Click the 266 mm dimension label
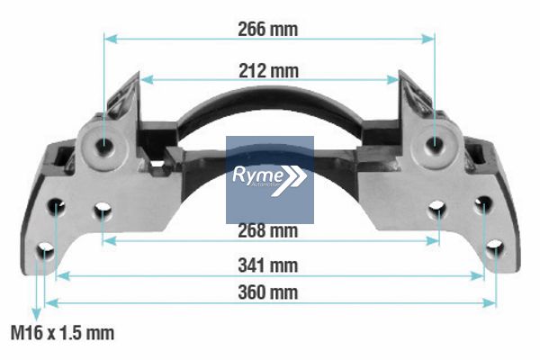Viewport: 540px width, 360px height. pyautogui.click(x=267, y=29)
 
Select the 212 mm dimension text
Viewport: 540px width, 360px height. pyautogui.click(x=268, y=71)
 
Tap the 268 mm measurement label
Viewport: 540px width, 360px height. pyautogui.click(x=268, y=230)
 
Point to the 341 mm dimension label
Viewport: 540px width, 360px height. pyautogui.click(x=268, y=265)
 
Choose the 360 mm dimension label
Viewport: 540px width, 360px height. pyautogui.click(x=268, y=292)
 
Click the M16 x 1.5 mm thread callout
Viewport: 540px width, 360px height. pyautogui.click(x=62, y=333)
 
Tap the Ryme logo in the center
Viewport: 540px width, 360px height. pyautogui.click(x=270, y=180)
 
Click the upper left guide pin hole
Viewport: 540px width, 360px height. pyautogui.click(x=104, y=144)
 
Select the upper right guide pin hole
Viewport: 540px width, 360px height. pyautogui.click(x=435, y=143)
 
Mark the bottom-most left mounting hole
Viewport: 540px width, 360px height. pyautogui.click(x=45, y=251)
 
